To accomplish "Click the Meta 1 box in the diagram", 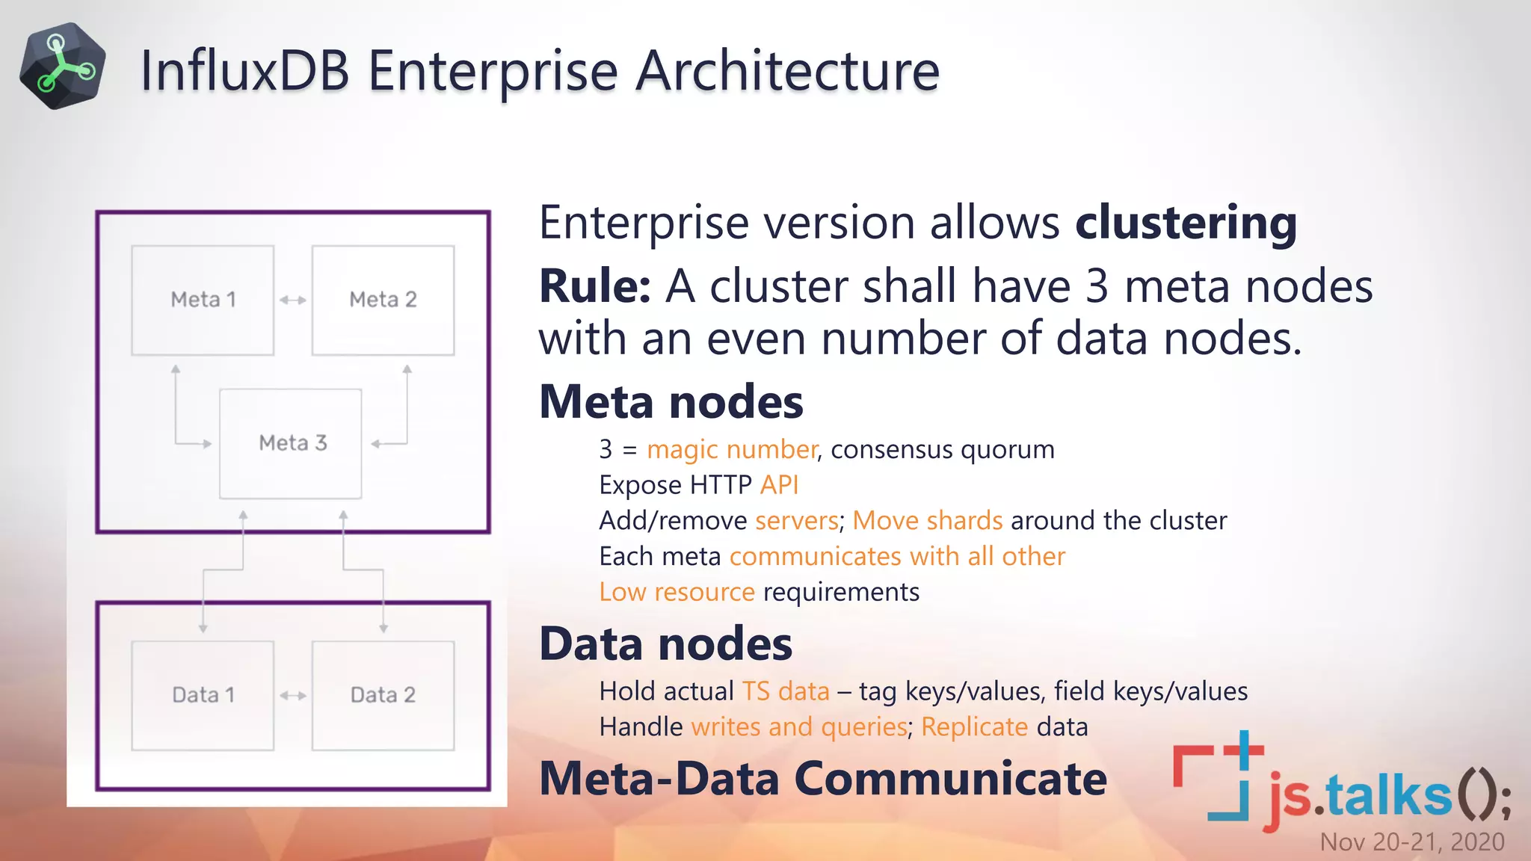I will (x=203, y=300).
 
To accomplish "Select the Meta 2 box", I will (x=383, y=300).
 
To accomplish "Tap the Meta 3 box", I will (x=291, y=443).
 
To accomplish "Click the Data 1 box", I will (x=203, y=695).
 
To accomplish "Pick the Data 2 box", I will (x=383, y=695).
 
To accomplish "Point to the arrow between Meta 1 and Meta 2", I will (x=293, y=300).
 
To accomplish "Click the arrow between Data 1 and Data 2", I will (x=293, y=696).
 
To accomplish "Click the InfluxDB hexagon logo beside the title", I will (x=62, y=67).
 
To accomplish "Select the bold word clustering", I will (x=1186, y=223).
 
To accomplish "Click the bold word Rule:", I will (x=595, y=286).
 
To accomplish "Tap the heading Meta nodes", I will (x=671, y=402).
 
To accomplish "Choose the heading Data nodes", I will (x=665, y=644).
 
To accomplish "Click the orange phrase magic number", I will (x=731, y=450).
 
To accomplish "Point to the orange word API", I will (x=779, y=486).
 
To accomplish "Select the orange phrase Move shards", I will (x=927, y=521).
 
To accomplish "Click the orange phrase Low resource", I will (x=677, y=593).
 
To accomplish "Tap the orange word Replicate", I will (x=974, y=727).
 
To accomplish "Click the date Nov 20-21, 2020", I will (x=1411, y=842).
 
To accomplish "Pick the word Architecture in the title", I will (x=787, y=71).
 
